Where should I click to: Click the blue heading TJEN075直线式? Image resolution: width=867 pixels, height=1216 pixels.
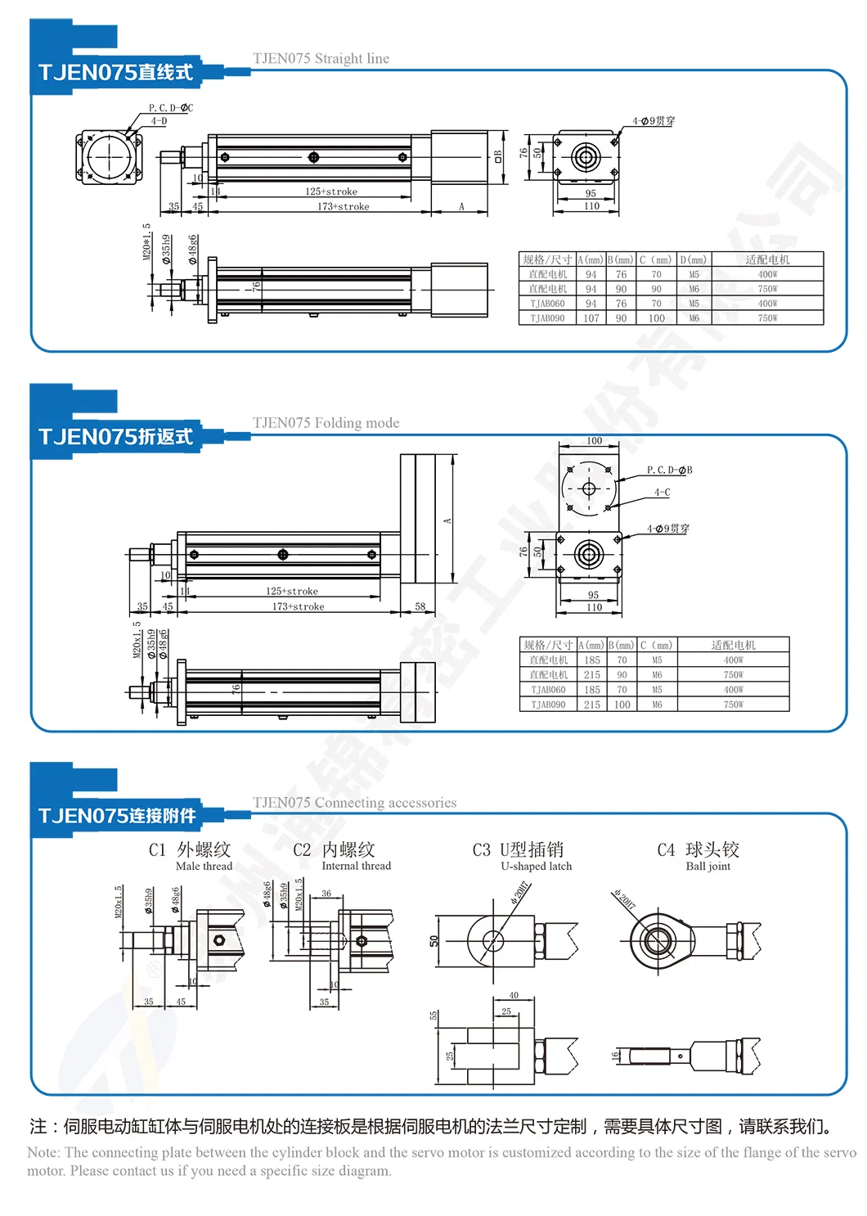(115, 73)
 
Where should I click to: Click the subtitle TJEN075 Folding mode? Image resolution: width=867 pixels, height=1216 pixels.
(326, 423)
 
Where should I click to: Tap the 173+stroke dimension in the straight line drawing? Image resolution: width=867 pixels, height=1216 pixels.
(343, 207)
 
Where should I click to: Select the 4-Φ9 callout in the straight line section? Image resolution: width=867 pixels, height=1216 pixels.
(653, 121)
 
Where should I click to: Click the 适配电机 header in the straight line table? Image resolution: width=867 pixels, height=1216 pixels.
(766, 260)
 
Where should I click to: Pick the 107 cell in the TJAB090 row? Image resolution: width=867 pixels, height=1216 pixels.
(591, 318)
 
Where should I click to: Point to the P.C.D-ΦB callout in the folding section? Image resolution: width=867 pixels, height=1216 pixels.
(669, 471)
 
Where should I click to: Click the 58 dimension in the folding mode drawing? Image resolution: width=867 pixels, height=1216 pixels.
(420, 607)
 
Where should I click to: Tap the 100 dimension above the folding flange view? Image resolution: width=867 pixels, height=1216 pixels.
(594, 441)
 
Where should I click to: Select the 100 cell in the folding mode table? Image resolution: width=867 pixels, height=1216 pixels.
(622, 705)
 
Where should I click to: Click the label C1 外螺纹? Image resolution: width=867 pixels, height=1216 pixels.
(190, 850)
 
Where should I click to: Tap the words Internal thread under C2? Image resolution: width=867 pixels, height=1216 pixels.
(356, 866)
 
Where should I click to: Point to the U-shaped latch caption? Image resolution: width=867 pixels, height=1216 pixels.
(536, 867)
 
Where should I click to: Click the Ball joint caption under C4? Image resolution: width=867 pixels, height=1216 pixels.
(708, 867)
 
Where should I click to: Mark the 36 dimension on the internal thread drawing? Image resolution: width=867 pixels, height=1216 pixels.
(326, 894)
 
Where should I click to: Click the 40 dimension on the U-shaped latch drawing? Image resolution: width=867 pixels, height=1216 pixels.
(514, 995)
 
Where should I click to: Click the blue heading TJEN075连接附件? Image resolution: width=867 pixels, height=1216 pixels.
(117, 816)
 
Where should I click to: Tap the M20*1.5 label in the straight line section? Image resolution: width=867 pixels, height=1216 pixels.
(147, 242)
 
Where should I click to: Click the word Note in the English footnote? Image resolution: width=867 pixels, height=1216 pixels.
(43, 1152)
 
